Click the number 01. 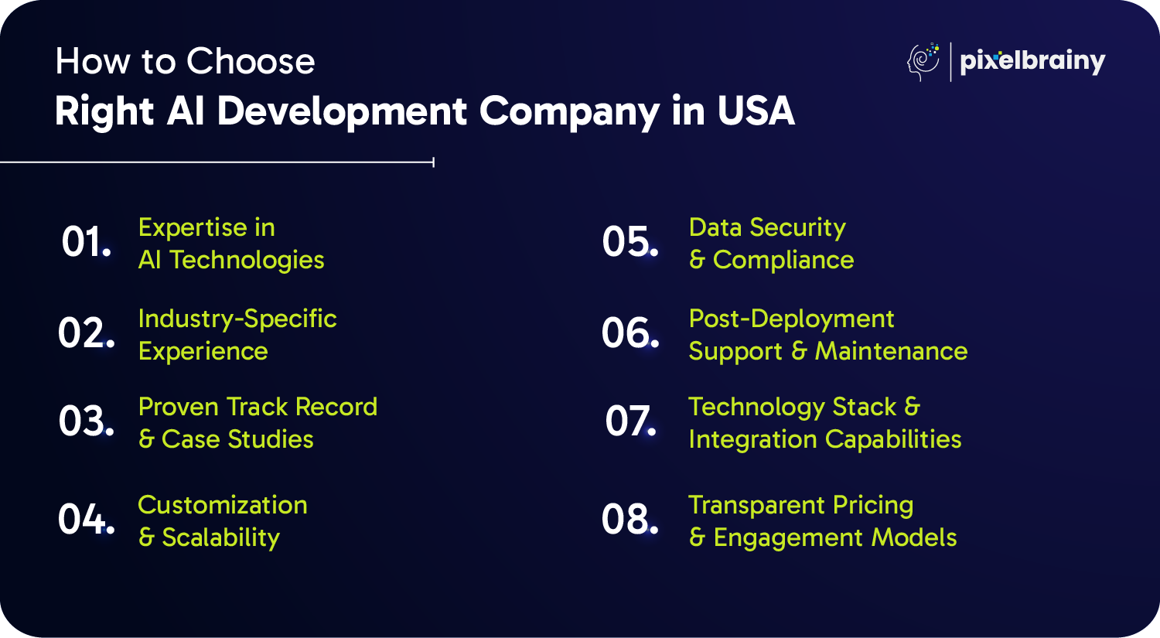point(86,242)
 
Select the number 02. point(86,333)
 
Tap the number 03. point(86,420)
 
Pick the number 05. point(629,241)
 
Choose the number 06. point(629,333)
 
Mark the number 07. point(630,420)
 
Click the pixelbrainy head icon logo point(923,62)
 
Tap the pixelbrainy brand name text point(1032,62)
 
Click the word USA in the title point(756,111)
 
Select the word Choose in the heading point(250,61)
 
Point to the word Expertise point(193,228)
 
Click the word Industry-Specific point(237,319)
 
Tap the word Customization point(222,505)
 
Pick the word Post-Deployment point(791,319)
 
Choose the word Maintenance point(891,351)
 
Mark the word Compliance point(783,260)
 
